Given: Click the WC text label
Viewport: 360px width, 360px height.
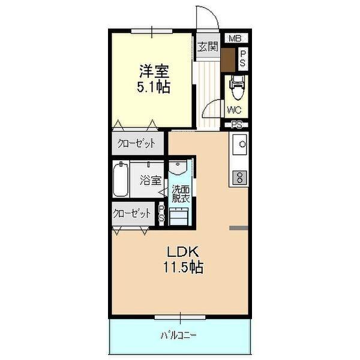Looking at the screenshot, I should point(234,110).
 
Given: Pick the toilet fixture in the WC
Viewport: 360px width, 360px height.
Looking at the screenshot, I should point(236,88).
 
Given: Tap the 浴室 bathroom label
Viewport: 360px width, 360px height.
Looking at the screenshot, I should point(150,179).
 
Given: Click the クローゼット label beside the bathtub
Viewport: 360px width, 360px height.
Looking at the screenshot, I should point(133,213).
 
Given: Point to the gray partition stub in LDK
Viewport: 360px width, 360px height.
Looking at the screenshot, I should point(239,227).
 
